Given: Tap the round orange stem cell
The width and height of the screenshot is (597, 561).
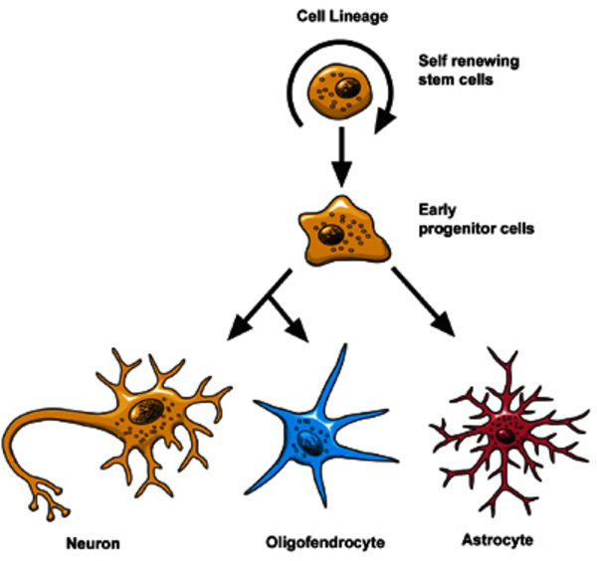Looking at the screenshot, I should pyautogui.click(x=337, y=91).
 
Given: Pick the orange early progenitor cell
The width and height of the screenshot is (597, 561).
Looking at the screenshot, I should pyautogui.click(x=343, y=232).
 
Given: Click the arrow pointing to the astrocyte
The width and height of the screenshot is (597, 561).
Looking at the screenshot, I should pyautogui.click(x=430, y=302).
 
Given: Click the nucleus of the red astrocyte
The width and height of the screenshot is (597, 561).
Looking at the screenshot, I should pyautogui.click(x=507, y=437).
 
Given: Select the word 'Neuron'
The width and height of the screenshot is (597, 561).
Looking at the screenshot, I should pyautogui.click(x=95, y=543).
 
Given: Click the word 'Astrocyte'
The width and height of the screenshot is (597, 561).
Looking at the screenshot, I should pyautogui.click(x=497, y=541).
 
